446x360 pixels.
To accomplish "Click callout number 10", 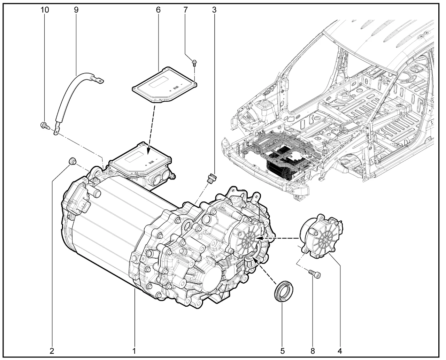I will (x=45, y=10).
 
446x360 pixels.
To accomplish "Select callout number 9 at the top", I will (x=76, y=10).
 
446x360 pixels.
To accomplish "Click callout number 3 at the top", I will (x=214, y=10).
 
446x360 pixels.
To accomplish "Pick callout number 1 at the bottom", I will (x=134, y=350).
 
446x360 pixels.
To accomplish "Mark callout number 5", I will (x=283, y=350).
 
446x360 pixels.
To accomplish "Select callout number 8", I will (x=313, y=350).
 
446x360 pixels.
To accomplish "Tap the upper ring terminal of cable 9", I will (x=100, y=81).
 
